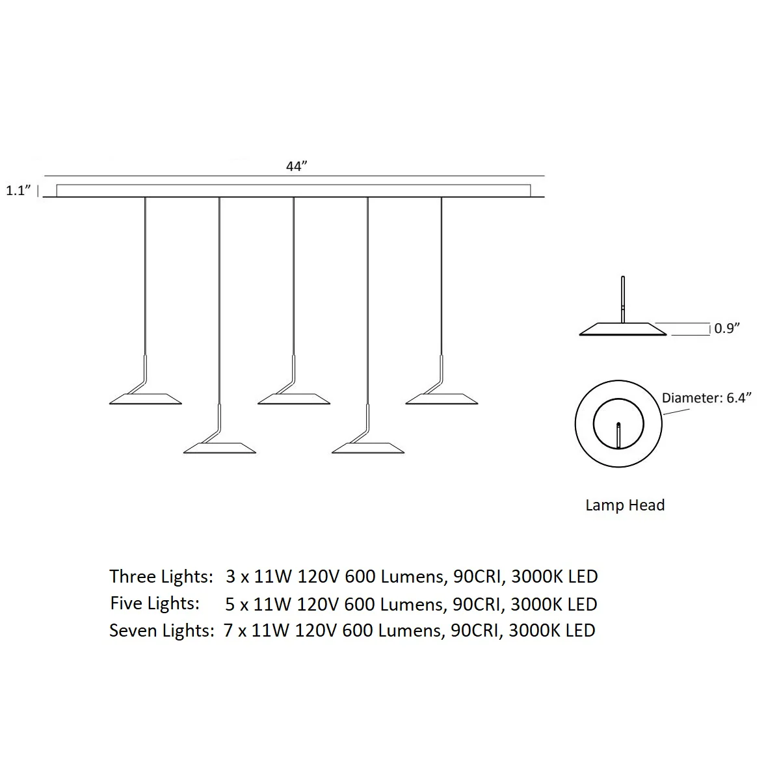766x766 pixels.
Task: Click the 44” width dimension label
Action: (x=297, y=166)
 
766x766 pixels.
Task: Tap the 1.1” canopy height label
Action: (x=19, y=191)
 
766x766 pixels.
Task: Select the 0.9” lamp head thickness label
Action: (x=727, y=328)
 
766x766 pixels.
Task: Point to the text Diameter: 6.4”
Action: (x=706, y=398)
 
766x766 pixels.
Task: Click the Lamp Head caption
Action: (x=625, y=505)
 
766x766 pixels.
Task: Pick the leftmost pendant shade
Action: (x=146, y=399)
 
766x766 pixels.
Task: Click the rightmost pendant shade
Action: (x=442, y=399)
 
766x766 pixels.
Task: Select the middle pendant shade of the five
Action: (x=294, y=399)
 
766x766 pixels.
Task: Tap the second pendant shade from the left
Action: (x=220, y=448)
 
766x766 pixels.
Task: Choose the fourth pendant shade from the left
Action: (x=368, y=448)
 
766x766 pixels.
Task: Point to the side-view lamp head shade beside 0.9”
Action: (x=623, y=329)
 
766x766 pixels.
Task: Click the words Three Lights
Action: (x=161, y=577)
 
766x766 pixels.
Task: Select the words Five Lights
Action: (x=154, y=603)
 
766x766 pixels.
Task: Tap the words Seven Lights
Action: (x=161, y=631)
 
